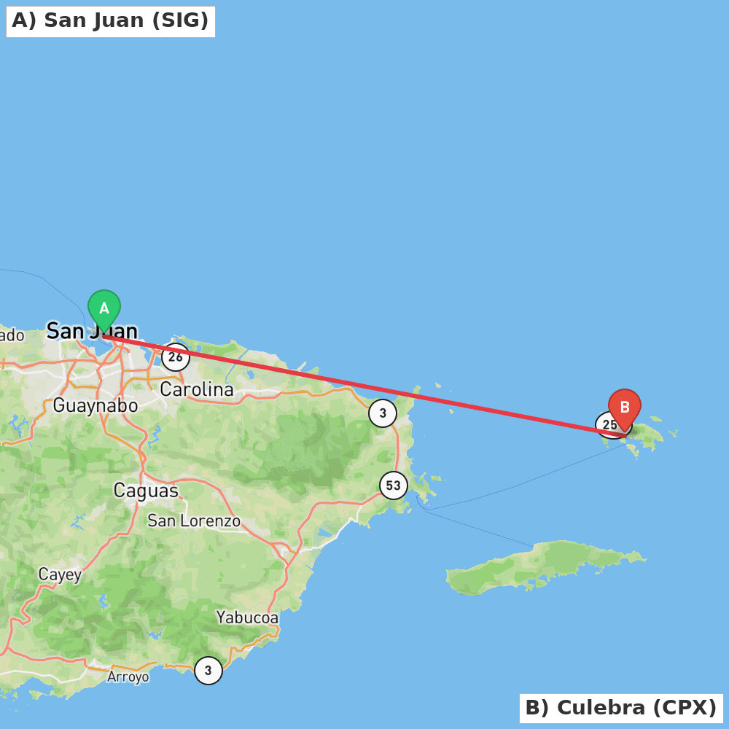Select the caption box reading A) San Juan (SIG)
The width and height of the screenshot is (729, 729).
[111, 21]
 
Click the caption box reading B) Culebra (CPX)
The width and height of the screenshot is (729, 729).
[621, 708]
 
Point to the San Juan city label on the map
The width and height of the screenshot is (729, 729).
[92, 332]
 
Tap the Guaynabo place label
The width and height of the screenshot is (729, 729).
[95, 406]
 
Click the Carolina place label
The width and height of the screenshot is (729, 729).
[197, 389]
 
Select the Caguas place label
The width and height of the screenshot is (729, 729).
[146, 491]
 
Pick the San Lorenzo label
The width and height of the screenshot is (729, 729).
[194, 521]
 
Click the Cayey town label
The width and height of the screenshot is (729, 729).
[60, 574]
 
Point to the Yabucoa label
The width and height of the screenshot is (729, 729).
[247, 617]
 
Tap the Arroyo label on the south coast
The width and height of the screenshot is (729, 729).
[128, 677]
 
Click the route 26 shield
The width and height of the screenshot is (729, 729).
[176, 357]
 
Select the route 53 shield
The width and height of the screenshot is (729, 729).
[394, 486]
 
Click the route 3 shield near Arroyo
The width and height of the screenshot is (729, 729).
[208, 670]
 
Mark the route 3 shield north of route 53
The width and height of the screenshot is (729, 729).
[383, 413]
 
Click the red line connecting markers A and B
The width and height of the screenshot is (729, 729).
[364, 386]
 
